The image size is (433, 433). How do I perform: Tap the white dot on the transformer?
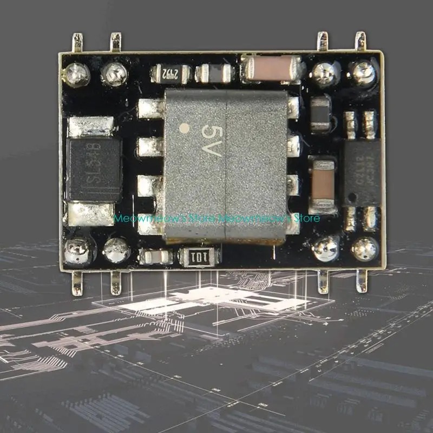[x=184, y=129]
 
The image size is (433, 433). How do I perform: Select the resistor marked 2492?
[x=170, y=74]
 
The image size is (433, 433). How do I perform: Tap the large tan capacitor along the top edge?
[x=272, y=69]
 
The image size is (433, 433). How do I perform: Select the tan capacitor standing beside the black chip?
[x=322, y=183]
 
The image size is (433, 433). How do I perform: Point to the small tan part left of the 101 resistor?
[x=155, y=257]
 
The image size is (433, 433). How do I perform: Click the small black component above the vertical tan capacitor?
[x=320, y=114]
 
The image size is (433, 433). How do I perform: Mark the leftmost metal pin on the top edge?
[x=78, y=43]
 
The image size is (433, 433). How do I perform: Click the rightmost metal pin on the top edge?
[x=360, y=42]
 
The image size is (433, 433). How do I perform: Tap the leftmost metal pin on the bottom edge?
[x=77, y=283]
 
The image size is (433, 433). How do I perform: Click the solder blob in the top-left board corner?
[x=77, y=75]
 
